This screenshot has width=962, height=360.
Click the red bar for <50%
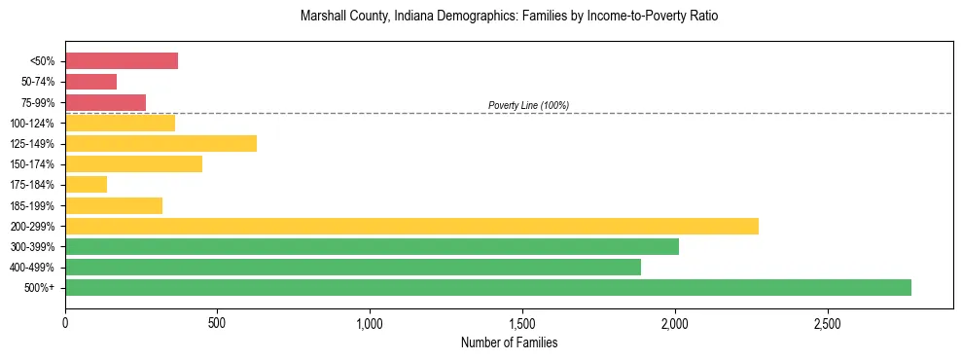(x=122, y=61)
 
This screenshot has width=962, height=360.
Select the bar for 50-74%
(x=91, y=82)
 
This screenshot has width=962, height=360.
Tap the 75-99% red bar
(x=106, y=102)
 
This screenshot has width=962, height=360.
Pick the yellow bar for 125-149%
(x=161, y=144)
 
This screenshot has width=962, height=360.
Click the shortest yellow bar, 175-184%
(x=87, y=185)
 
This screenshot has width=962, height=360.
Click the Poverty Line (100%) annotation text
(x=528, y=105)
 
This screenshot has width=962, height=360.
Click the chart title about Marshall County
(x=509, y=18)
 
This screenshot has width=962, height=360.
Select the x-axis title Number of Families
(x=509, y=342)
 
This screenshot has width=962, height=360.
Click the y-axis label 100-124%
(x=33, y=124)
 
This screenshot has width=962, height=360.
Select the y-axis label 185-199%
(x=33, y=205)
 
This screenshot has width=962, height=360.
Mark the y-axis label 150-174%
(x=33, y=164)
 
